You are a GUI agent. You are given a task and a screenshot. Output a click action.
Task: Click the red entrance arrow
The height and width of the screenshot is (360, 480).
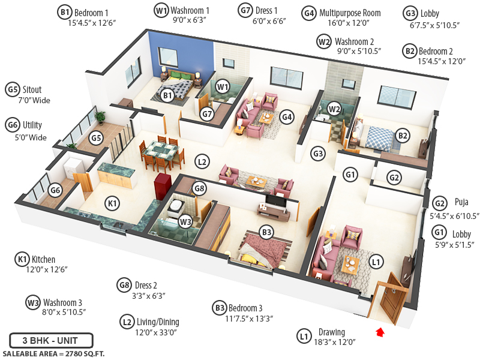(x=379, y=331)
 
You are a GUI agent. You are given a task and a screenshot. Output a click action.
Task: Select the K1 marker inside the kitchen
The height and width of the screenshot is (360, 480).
(x=112, y=203)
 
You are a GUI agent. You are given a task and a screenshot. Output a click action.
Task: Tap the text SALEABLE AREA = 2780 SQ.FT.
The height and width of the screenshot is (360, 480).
(x=51, y=353)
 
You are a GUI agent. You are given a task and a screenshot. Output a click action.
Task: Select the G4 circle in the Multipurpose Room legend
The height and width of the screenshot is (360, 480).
(x=308, y=13)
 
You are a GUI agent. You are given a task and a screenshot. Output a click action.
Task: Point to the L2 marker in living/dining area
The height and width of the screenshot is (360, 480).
(x=202, y=161)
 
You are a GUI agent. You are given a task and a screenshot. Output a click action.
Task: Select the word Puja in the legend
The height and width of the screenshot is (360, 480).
(x=461, y=202)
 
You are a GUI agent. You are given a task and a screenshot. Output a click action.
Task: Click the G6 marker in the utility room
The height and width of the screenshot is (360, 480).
(x=55, y=191)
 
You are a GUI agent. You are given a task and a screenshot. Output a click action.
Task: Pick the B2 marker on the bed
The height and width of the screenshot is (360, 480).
(x=403, y=136)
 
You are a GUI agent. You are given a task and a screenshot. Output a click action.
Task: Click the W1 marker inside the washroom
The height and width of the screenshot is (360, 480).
(x=223, y=87)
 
